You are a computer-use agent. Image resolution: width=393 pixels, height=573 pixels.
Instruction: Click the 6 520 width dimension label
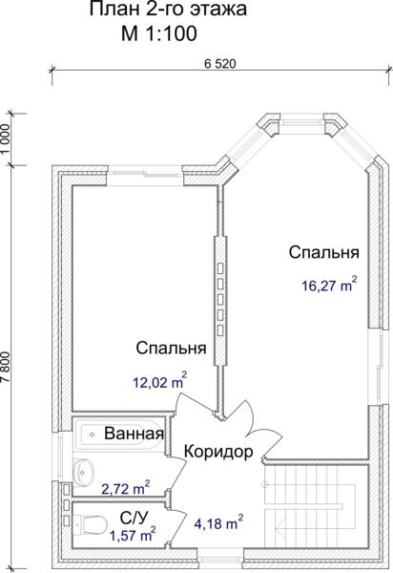[220, 64]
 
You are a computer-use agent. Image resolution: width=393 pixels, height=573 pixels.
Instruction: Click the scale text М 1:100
[159, 33]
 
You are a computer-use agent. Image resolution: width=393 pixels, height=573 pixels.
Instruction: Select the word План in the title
[114, 10]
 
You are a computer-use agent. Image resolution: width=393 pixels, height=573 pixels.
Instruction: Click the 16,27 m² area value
[329, 285]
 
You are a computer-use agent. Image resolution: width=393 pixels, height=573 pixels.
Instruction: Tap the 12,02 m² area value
[160, 381]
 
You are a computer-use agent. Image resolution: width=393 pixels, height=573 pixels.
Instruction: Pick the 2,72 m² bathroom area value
[126, 488]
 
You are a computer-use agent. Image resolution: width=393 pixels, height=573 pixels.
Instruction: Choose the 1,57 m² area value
[133, 535]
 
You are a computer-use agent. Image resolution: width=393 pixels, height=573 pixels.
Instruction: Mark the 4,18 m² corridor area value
[218, 522]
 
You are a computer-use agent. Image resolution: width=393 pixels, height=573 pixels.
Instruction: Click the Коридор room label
[218, 452]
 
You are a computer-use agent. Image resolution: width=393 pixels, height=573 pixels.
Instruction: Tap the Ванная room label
[134, 434]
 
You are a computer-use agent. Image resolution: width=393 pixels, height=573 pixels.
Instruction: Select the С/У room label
[134, 517]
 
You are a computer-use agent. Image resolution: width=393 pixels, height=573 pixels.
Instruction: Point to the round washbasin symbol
[84, 472]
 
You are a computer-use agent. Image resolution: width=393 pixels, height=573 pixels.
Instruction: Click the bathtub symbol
[118, 435]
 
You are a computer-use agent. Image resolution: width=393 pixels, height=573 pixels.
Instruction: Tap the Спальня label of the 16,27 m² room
[324, 252]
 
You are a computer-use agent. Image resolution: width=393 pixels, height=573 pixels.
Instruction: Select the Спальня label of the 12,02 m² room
[171, 348]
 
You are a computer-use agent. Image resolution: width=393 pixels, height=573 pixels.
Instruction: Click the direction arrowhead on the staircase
[279, 528]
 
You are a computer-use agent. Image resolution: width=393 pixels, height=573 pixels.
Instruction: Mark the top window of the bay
[302, 122]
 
